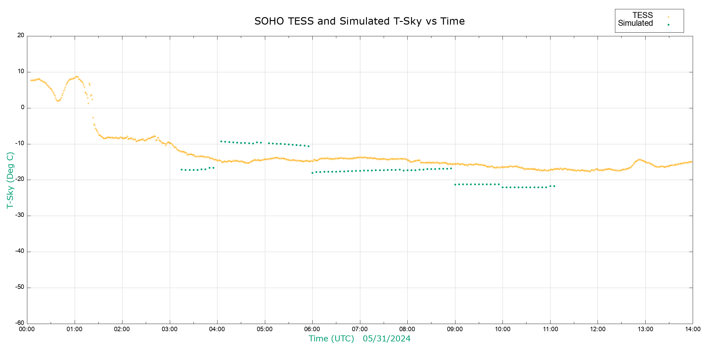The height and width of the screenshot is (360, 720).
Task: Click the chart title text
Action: pos(359,21)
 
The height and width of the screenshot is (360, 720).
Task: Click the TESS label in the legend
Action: pos(643,15)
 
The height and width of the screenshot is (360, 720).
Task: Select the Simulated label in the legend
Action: pos(635,23)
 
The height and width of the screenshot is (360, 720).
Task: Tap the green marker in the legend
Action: pos(668,25)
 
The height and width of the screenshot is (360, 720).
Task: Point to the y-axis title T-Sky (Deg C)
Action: pos(10,180)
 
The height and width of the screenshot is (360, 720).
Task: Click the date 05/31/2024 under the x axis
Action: pos(386,339)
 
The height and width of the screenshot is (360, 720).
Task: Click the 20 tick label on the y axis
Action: pos(21,35)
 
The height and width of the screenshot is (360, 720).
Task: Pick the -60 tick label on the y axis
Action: pos(20,323)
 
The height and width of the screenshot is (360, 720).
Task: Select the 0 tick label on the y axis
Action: pos(22,107)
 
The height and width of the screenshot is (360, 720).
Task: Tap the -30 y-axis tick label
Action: pos(20,215)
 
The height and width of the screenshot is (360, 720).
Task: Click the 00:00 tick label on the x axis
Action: pos(27,329)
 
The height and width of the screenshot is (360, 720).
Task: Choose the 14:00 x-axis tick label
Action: pos(693,329)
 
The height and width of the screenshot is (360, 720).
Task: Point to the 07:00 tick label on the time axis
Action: pos(360,329)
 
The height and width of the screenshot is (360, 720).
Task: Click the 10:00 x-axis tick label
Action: pos(502,329)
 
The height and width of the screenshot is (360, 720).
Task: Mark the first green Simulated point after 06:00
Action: pos(312,173)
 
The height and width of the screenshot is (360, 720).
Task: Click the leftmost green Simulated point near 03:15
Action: pos(181,170)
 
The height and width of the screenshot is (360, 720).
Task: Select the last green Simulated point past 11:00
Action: pos(554,186)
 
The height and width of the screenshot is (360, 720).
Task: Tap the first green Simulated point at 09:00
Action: pos(455,184)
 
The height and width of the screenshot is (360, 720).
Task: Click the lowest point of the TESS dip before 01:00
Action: pos(58,101)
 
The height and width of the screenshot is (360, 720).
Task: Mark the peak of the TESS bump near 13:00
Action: pos(639,160)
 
